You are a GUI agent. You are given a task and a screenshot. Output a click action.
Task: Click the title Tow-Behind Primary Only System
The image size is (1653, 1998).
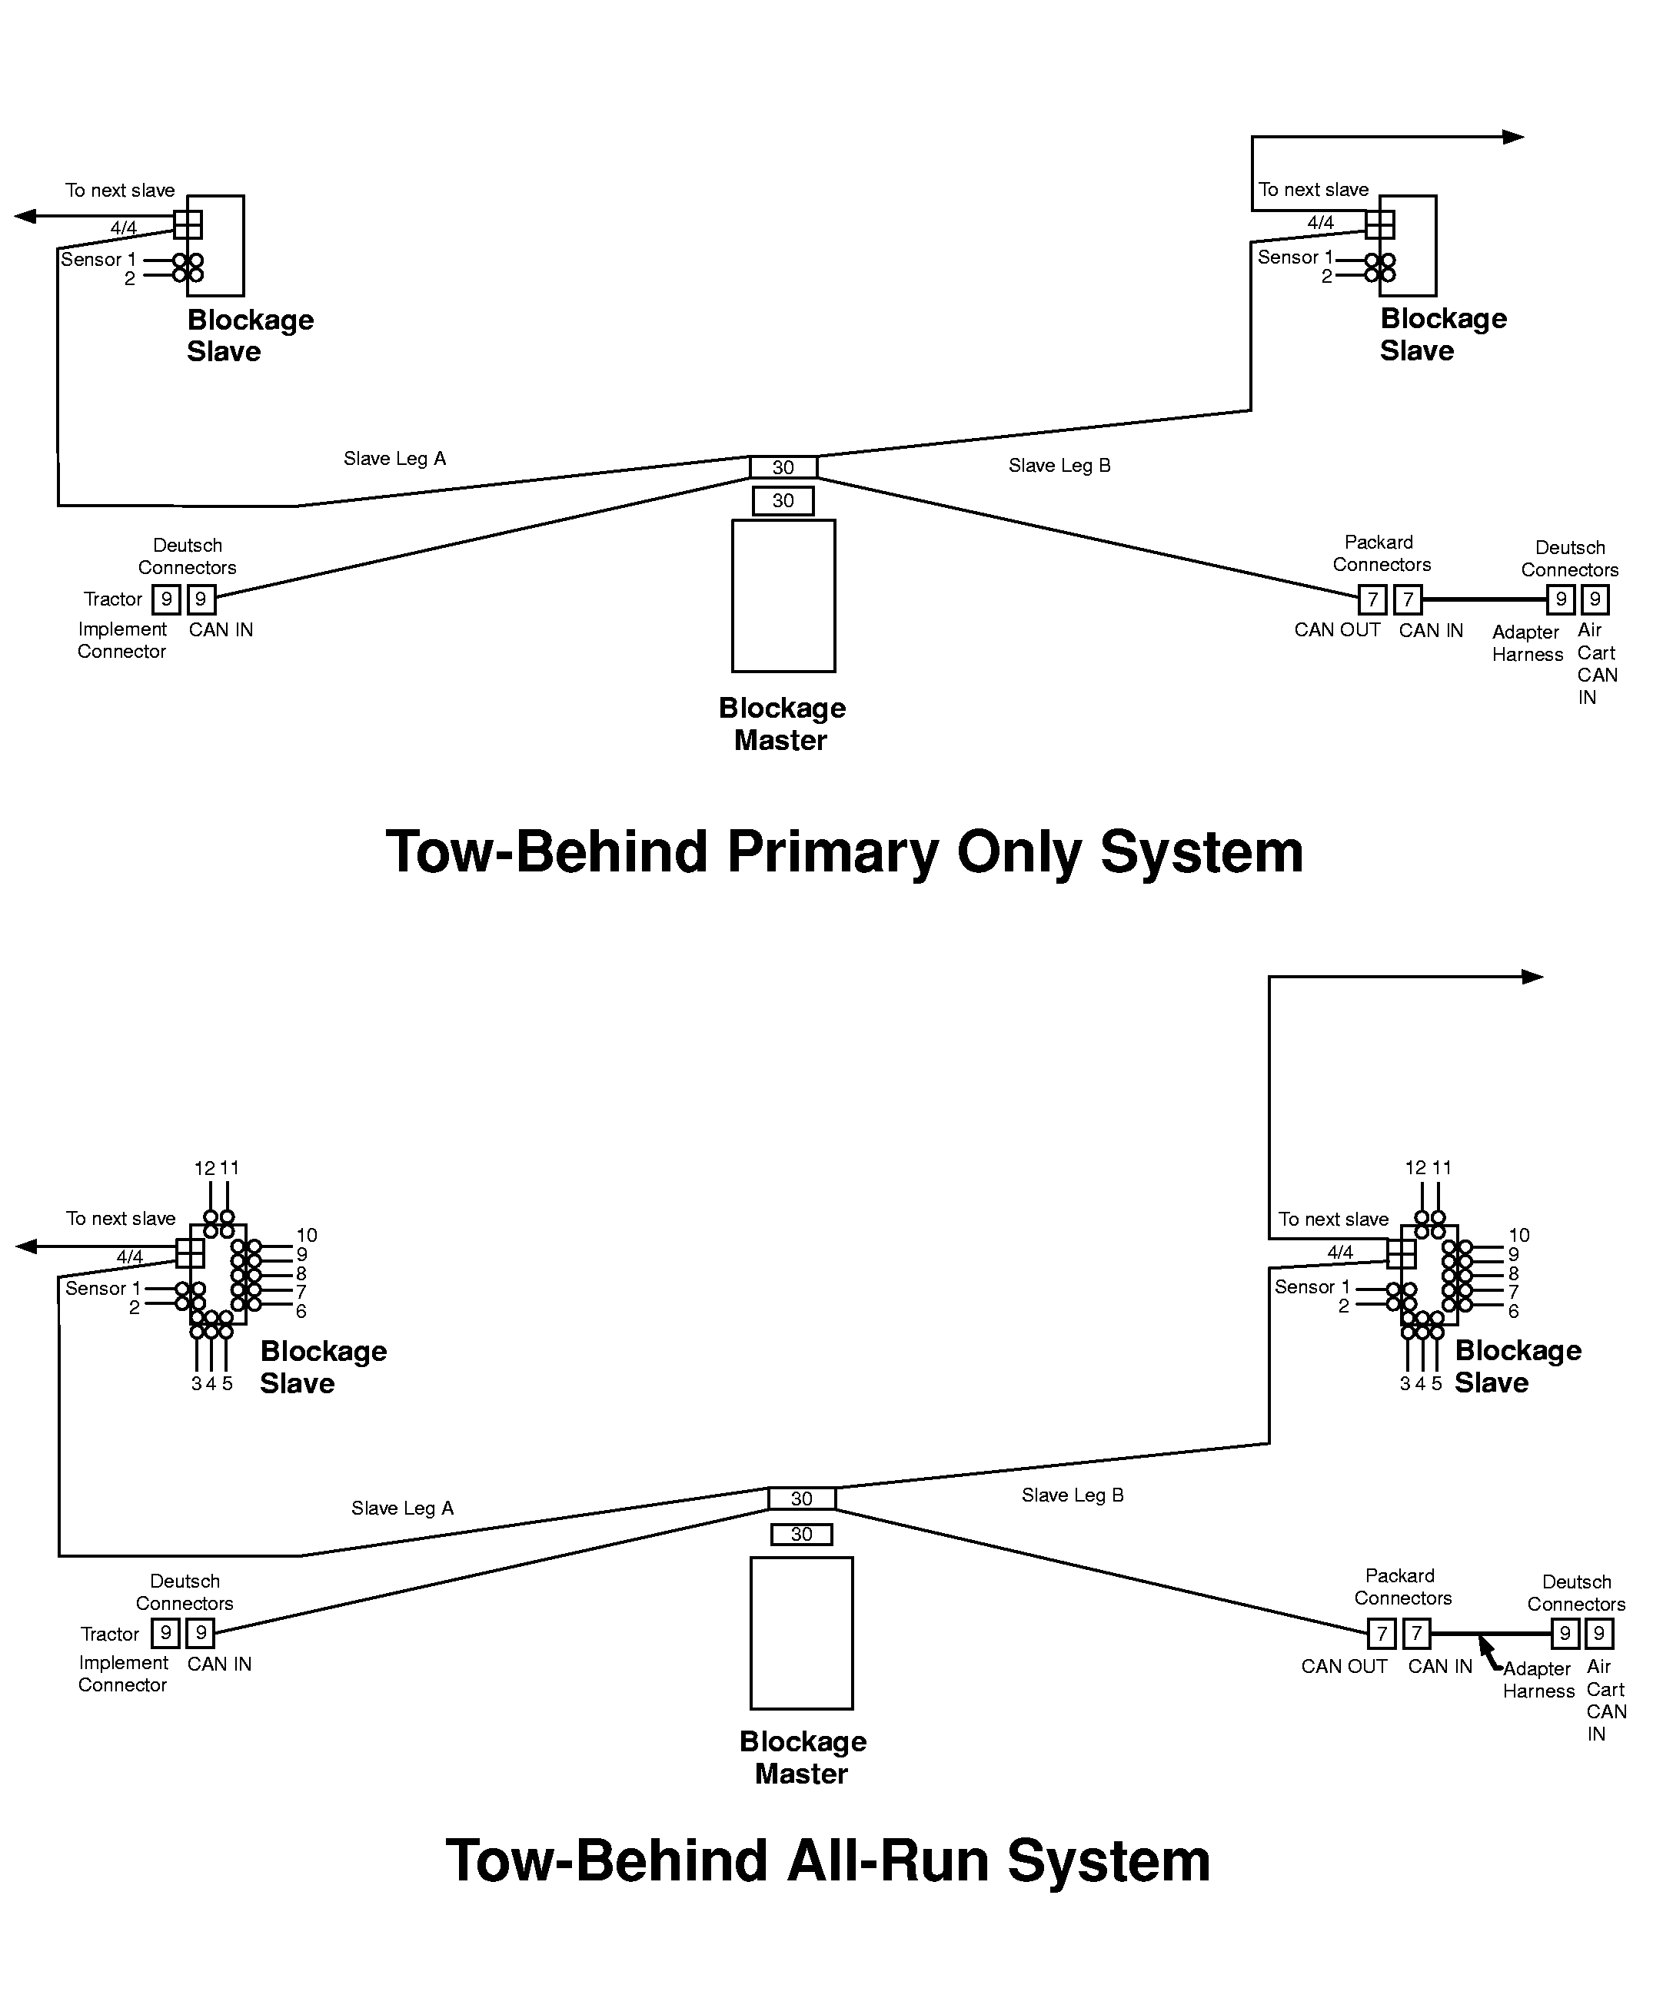point(843,851)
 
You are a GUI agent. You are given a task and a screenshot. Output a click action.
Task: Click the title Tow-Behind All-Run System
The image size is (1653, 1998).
point(827,1860)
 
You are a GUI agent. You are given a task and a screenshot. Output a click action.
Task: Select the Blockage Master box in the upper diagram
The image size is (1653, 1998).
point(783,596)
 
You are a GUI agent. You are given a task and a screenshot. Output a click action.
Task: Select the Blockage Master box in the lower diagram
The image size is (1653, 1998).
point(801,1633)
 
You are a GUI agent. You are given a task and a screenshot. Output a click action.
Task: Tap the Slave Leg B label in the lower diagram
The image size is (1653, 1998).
point(1073,1495)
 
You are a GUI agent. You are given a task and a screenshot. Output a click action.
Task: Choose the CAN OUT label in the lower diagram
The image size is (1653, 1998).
point(1344,1666)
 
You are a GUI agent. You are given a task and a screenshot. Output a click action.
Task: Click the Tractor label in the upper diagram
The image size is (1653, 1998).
point(112,599)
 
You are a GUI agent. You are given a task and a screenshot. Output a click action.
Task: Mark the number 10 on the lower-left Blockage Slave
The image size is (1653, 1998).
point(307,1235)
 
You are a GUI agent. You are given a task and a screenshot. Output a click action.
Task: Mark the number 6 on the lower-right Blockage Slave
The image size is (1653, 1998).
point(1513,1311)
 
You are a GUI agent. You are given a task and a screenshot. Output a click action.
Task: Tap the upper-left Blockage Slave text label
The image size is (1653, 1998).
point(249,335)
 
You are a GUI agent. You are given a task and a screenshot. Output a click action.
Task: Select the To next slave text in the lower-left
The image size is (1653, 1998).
point(121,1219)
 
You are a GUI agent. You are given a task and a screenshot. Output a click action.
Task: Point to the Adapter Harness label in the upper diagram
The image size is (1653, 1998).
point(1528,643)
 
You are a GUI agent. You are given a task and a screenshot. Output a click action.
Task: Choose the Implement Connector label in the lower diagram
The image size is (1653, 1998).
point(123,1674)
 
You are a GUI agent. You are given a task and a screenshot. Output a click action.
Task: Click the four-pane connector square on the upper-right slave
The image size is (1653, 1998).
point(1380,224)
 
